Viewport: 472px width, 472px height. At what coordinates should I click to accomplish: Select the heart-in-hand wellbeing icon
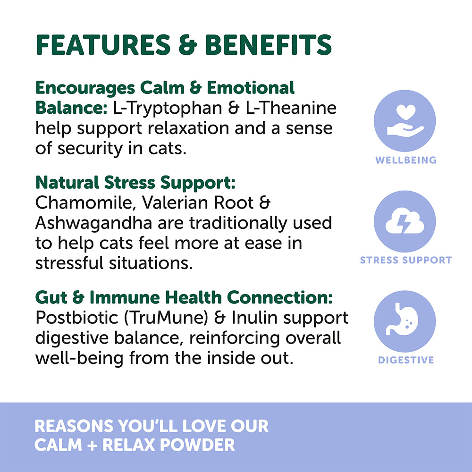(x=405, y=121)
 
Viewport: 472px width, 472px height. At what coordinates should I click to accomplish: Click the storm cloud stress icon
(x=405, y=221)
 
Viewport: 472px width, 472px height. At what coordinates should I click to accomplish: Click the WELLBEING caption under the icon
(x=406, y=160)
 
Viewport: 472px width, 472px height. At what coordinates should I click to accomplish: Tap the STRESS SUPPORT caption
(x=406, y=260)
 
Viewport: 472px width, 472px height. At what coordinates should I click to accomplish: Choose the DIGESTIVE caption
(x=406, y=360)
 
